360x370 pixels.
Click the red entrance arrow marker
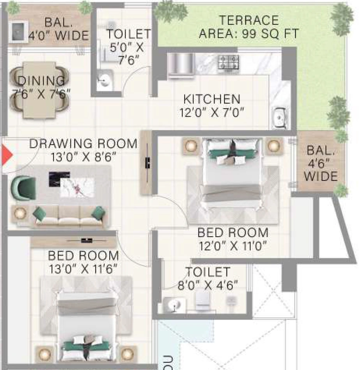coord(7,155)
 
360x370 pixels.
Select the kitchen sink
coord(279,117)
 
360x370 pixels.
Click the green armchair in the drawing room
coord(23,188)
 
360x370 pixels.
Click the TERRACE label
coord(249,20)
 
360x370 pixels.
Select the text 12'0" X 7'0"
coord(212,112)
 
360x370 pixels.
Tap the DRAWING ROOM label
coord(83,144)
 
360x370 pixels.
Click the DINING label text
coord(41,81)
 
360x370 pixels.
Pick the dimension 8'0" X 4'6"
coord(208,285)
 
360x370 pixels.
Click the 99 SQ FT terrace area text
coord(270,34)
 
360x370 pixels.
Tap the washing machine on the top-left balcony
coord(18,32)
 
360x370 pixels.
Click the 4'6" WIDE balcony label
coord(321,169)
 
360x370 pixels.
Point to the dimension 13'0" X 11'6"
coord(83,269)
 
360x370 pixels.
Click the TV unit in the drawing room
coord(146,163)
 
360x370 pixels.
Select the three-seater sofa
coord(69,217)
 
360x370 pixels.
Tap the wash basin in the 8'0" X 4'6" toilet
coord(174,305)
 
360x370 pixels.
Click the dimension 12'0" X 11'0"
coord(233,246)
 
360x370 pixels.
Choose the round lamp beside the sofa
coord(20,213)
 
